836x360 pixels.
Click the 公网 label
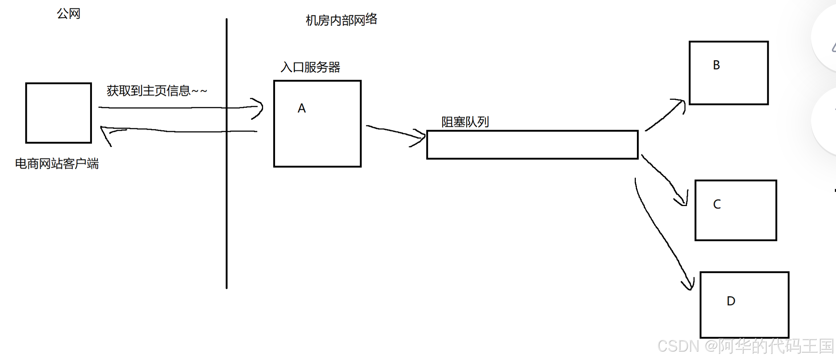pos(68,14)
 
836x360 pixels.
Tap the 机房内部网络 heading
pos(341,20)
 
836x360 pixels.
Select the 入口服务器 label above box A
pos(310,67)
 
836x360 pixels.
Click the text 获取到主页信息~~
pos(157,90)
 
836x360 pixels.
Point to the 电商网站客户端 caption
pos(57,164)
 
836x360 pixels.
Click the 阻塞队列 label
pos(465,122)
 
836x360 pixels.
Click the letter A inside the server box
pos(302,108)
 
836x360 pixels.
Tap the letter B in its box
pos(716,65)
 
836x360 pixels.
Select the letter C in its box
pos(717,204)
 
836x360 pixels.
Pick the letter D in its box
pos(731,301)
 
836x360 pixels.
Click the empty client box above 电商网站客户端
pos(58,113)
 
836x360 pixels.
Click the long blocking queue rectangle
pos(532,145)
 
